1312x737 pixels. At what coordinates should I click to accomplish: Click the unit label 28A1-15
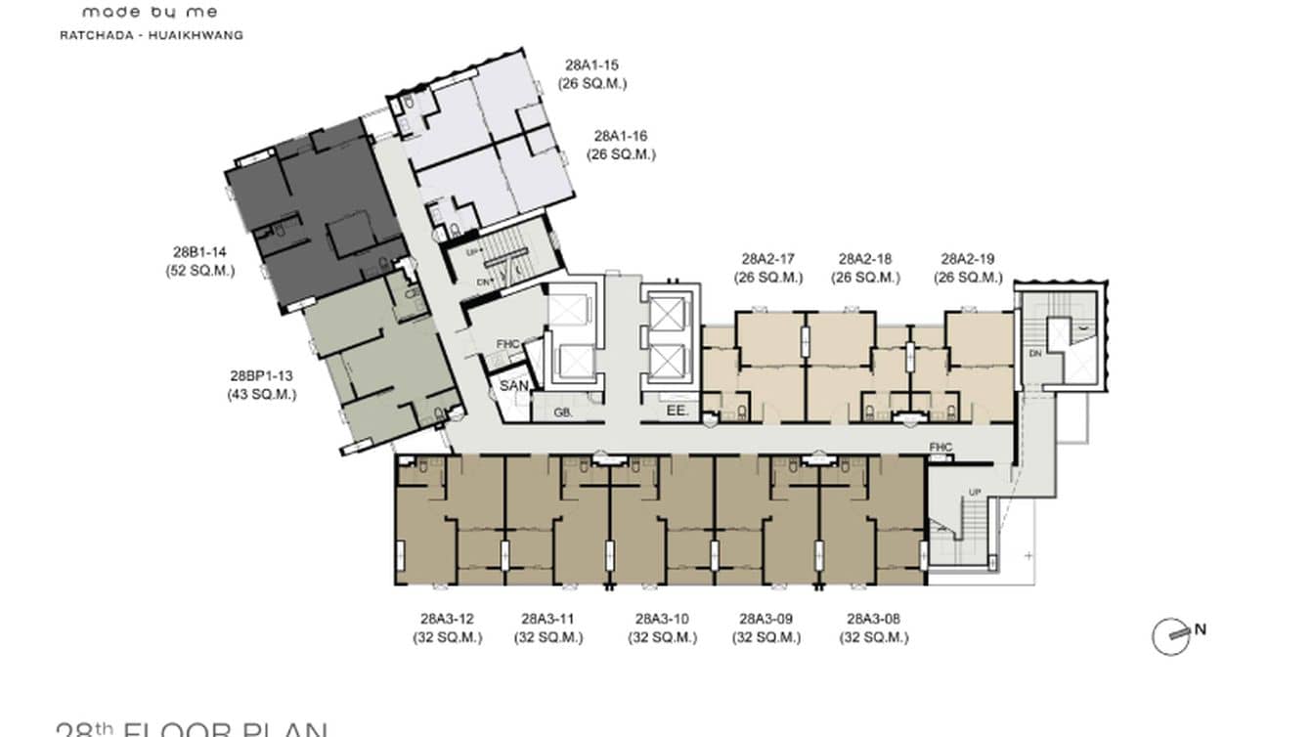point(591,65)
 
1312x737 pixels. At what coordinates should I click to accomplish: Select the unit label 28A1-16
point(621,136)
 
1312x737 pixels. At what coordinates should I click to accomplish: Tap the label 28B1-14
point(200,252)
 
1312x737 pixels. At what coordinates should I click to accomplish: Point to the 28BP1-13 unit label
point(262,375)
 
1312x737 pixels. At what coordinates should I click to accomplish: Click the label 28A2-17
point(768,259)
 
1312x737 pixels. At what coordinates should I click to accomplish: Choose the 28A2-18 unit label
point(865,259)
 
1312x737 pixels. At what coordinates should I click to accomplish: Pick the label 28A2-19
point(968,259)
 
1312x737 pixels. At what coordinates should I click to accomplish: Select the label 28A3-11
point(548,619)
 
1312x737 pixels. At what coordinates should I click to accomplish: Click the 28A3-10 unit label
point(662,619)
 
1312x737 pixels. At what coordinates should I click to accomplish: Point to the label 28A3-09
point(765,619)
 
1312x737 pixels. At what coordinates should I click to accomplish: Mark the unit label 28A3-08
point(873,619)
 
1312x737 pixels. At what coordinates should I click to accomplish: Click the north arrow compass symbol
point(1172,636)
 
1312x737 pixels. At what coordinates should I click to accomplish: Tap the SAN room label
point(513,386)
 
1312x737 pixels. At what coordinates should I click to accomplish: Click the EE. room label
point(674,412)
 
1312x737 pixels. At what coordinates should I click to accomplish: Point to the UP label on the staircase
point(974,492)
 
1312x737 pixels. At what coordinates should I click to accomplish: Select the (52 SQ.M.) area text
point(200,271)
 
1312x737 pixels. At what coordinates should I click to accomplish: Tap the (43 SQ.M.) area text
point(262,394)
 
